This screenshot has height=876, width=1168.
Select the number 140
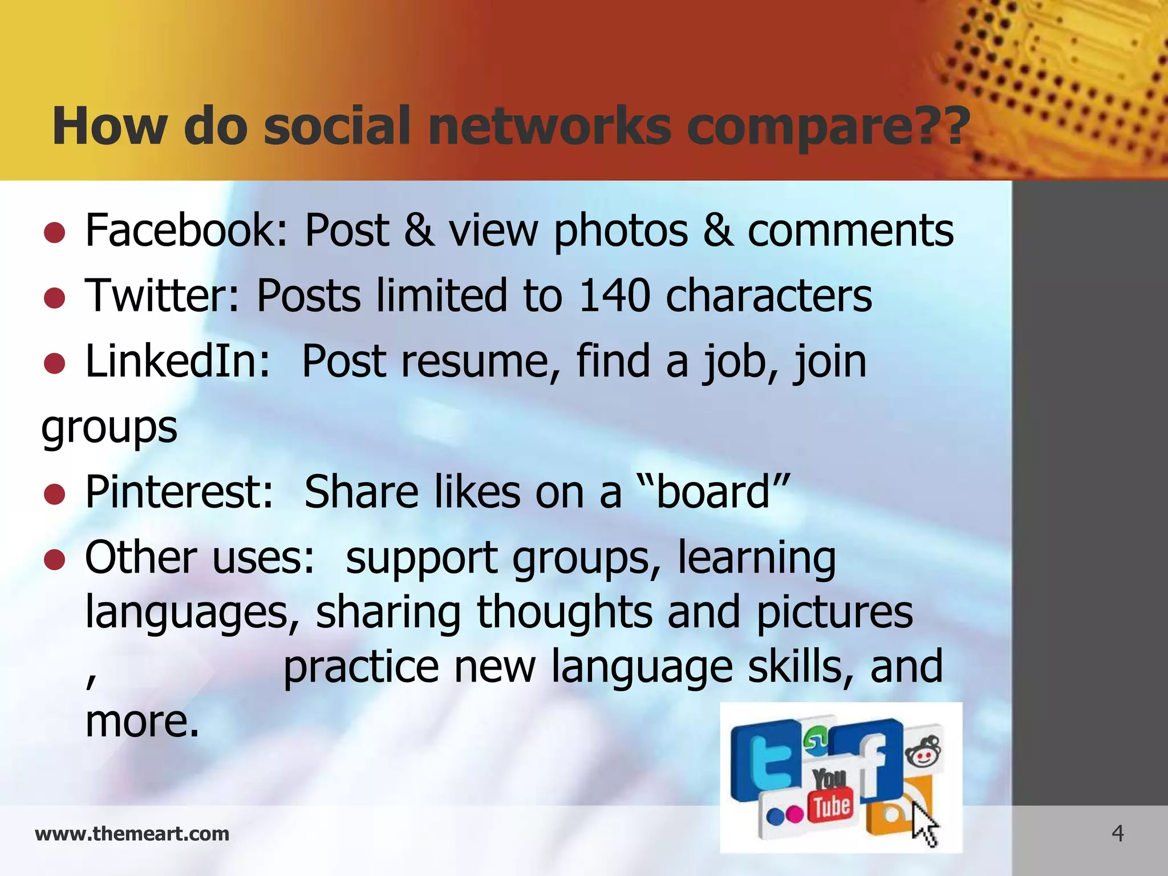(614, 296)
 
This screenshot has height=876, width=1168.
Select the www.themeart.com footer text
(132, 834)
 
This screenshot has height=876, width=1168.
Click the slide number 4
(1117, 834)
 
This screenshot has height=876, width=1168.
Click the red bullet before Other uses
(54, 560)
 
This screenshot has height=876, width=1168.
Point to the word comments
(850, 230)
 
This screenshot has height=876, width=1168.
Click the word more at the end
(142, 721)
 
